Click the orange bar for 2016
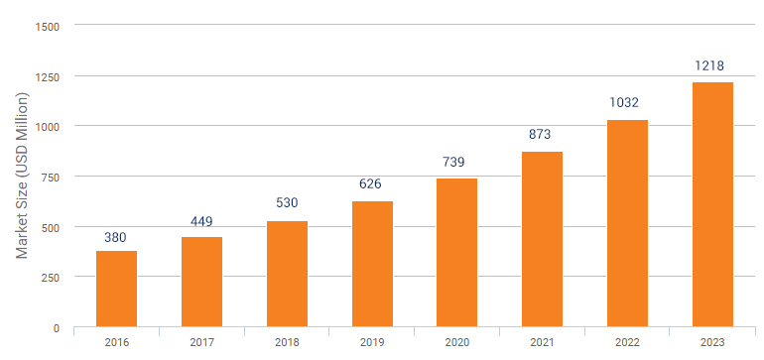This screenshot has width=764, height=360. tap(116, 289)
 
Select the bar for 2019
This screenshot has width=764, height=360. tap(372, 264)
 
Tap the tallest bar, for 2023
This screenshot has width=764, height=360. tap(712, 204)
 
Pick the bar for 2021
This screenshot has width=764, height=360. tap(542, 239)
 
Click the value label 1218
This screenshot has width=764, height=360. tap(712, 66)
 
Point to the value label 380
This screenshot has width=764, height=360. tap(116, 237)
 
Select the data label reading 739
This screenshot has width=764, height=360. tap(456, 162)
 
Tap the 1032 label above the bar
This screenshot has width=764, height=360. tap(627, 102)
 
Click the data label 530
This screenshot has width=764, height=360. tap(287, 203)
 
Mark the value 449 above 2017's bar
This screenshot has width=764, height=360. tap(201, 221)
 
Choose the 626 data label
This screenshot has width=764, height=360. tap(372, 183)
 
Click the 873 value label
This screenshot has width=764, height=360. tap(542, 135)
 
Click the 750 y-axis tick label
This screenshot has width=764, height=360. tap(50, 177)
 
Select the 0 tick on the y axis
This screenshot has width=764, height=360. tap(57, 327)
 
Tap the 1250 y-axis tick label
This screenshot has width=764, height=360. tap(47, 76)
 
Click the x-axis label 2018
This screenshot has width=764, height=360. tap(287, 342)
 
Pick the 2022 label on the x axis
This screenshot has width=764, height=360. tap(627, 342)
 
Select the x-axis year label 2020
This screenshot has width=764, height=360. tap(456, 342)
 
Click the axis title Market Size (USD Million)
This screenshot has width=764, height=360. tap(21, 175)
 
